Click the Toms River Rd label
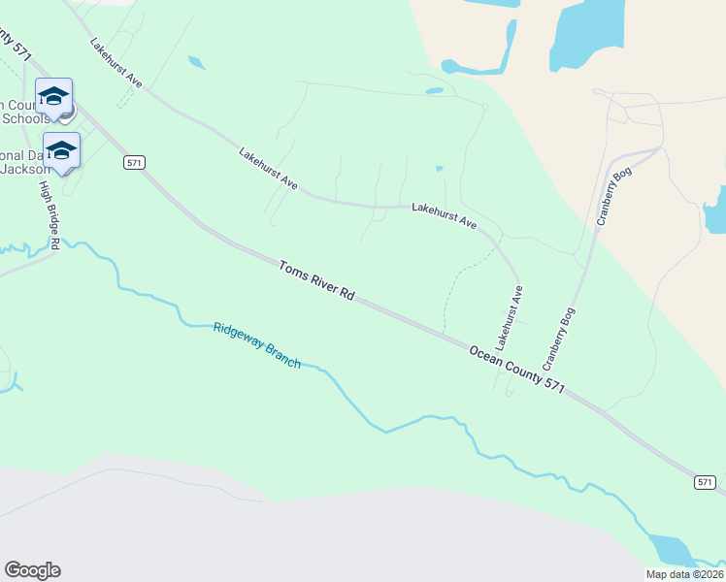pos(316,280)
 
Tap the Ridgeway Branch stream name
pos(256,344)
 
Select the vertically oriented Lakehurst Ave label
pos(509,318)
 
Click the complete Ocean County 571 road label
pos(516,370)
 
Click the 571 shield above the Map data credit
pos(706,482)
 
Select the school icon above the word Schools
pos(53,95)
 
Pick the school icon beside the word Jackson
pos(61,150)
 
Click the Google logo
pos(32,570)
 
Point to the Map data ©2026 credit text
pos(685,574)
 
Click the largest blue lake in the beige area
pos(586,34)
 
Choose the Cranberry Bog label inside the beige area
pos(615,196)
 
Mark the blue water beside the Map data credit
pos(670,550)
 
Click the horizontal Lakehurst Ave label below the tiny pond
pos(444,215)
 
